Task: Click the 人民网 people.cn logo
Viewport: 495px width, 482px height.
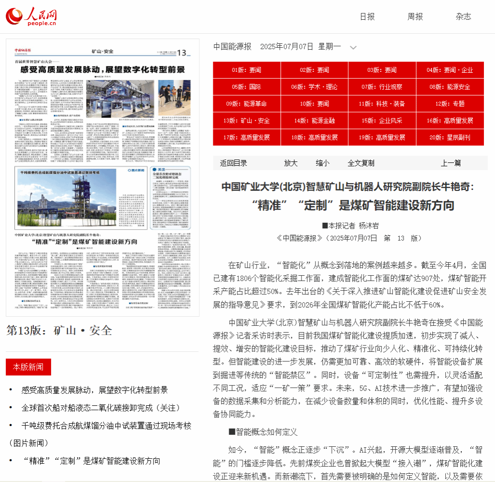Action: coord(31,16)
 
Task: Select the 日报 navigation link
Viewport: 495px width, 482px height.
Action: coord(367,16)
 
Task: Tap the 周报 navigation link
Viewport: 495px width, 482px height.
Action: coord(415,16)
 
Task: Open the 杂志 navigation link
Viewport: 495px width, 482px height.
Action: coord(463,16)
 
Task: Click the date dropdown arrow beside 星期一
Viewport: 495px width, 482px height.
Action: coord(353,47)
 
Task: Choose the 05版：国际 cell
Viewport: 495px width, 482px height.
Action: coord(246,87)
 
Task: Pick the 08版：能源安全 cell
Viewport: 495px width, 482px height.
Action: coord(450,87)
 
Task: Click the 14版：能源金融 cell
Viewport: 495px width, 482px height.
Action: coord(314,120)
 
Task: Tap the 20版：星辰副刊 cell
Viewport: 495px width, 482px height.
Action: coord(450,137)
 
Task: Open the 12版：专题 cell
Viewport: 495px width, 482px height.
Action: coord(450,104)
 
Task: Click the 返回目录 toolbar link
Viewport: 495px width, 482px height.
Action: coord(234,163)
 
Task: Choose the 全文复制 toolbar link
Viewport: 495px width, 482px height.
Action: coord(361,163)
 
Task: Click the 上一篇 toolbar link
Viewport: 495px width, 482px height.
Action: coord(451,163)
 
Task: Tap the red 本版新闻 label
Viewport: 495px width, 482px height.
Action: coord(28,367)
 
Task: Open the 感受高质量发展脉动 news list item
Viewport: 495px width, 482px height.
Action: coord(95,389)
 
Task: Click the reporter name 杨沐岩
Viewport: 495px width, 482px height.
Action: coord(369,226)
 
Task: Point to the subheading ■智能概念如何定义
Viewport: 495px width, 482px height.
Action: coord(263,432)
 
